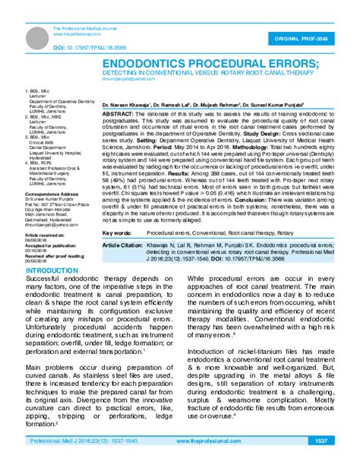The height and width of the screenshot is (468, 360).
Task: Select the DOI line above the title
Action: pyautogui.click(x=82, y=47)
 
